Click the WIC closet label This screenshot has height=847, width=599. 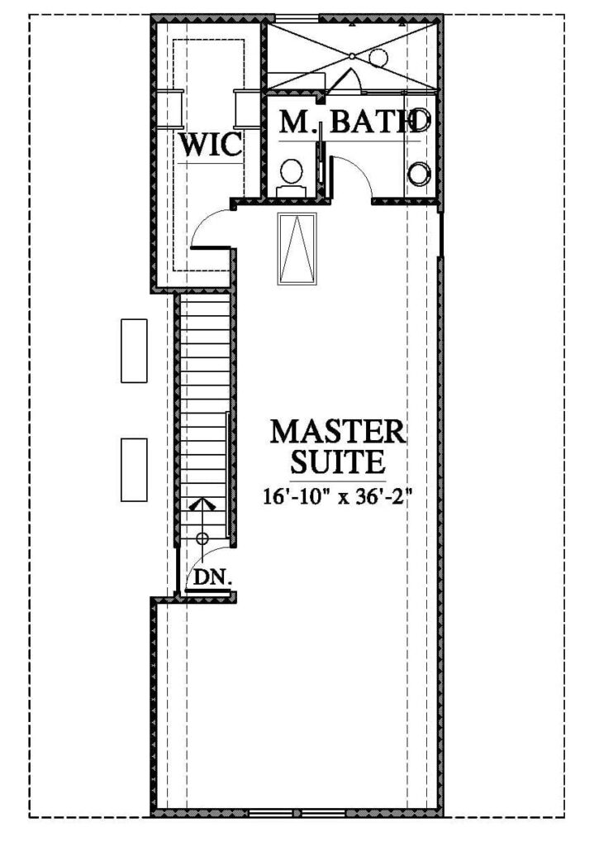point(211,145)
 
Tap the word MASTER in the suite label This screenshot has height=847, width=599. point(338,432)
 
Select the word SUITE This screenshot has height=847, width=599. point(338,462)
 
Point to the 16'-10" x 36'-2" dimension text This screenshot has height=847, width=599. point(338,496)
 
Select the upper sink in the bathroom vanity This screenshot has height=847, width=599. point(421,122)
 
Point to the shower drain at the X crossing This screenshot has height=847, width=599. point(352,56)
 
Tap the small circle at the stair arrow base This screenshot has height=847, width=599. point(202,538)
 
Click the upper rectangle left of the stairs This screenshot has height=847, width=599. point(134,351)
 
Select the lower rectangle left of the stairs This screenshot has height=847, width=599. point(134,470)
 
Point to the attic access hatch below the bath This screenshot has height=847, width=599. point(298,248)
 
